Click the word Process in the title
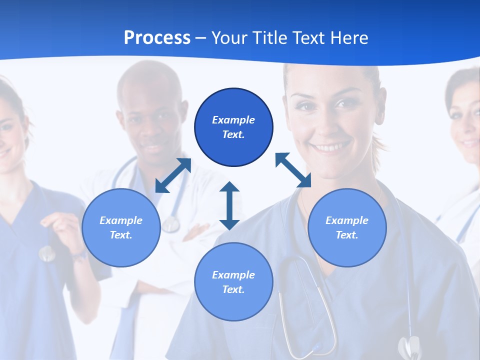(157, 37)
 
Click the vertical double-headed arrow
(229, 205)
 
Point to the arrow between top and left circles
(173, 175)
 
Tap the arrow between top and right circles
(293, 170)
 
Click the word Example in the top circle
(233, 120)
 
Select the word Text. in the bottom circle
(233, 289)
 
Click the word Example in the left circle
(121, 220)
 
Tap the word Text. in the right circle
(347, 235)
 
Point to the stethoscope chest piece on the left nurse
(47, 254)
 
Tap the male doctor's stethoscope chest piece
(170, 224)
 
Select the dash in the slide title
(200, 37)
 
